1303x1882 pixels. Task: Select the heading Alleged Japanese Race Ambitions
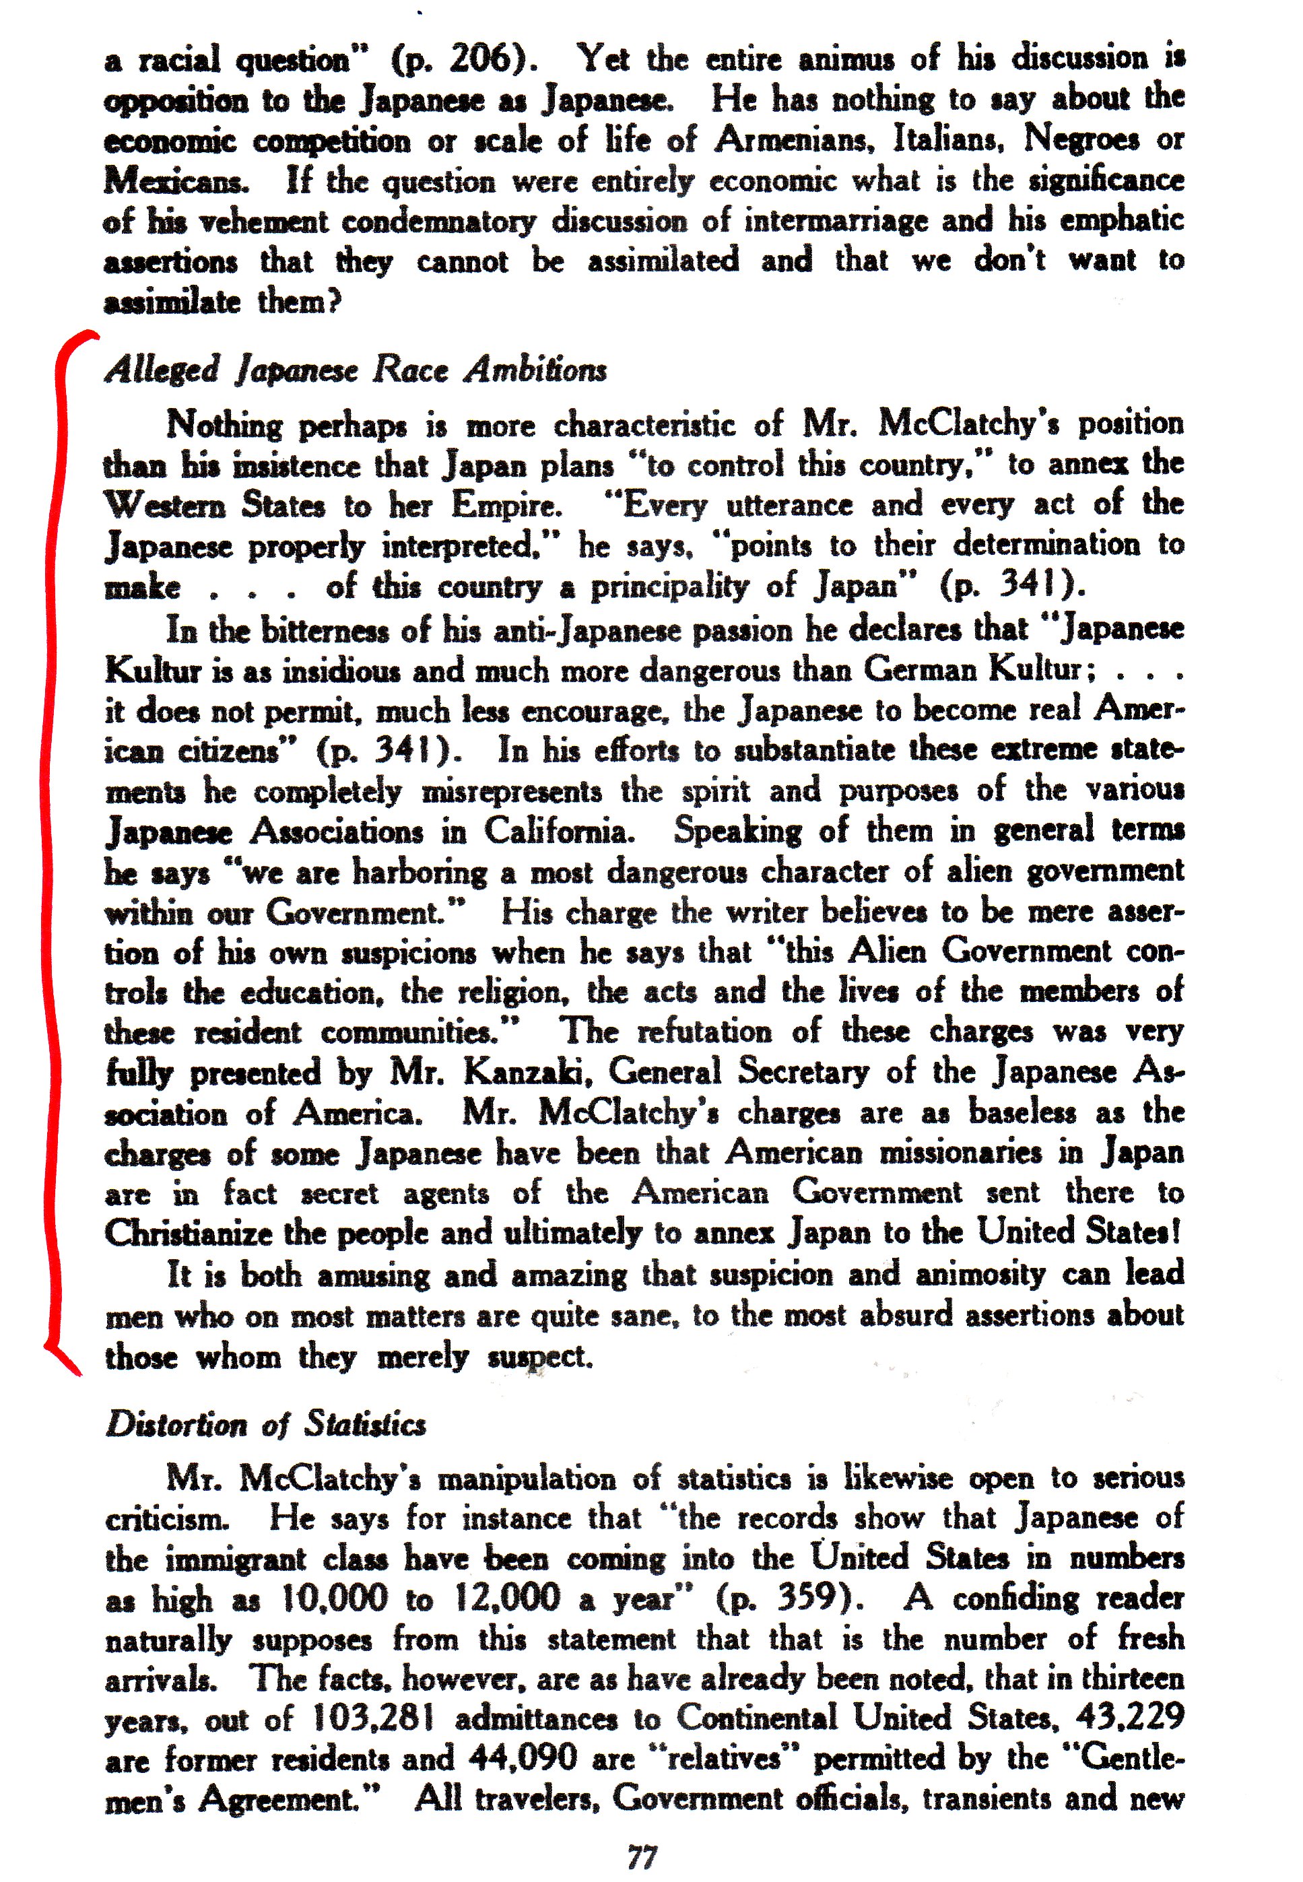[356, 370]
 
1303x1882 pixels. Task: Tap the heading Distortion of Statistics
[266, 1424]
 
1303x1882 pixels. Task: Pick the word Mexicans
[176, 180]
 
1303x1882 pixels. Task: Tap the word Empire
[507, 505]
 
